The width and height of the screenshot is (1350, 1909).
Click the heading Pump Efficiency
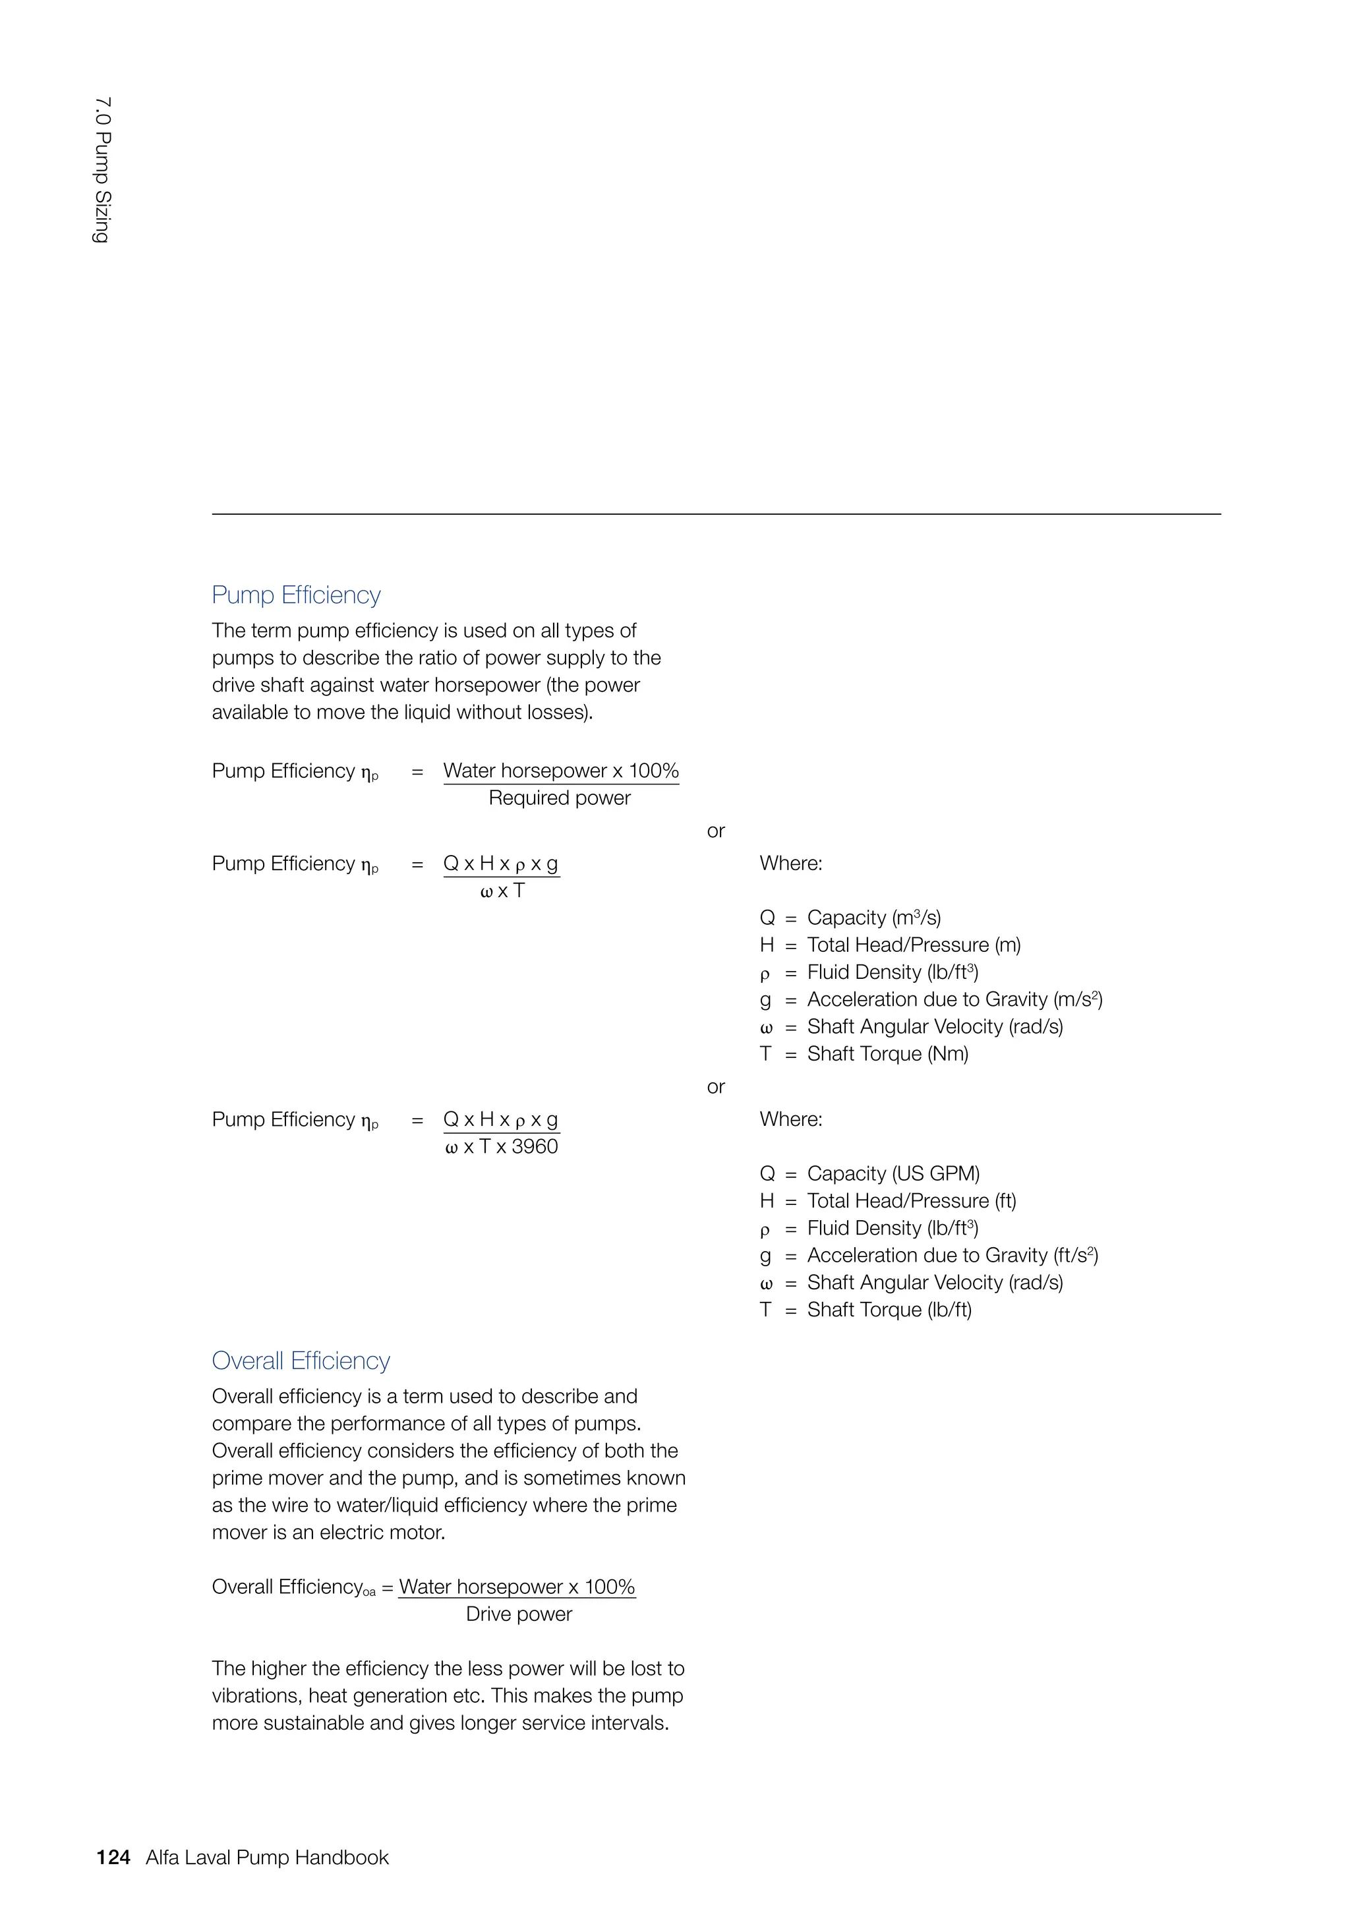296,595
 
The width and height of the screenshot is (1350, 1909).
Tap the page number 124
113,1858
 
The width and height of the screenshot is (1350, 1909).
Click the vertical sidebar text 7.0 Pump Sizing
102,171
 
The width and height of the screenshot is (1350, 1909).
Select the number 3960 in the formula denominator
535,1146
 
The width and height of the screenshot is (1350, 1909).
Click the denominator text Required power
560,798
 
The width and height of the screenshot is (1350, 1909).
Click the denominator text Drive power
519,1614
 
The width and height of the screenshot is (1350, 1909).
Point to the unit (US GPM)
936,1173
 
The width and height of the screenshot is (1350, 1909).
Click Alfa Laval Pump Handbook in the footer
267,1858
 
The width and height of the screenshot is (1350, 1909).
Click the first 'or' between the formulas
716,831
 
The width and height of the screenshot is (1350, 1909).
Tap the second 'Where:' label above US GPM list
790,1119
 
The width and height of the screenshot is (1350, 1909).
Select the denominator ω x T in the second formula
502,891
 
